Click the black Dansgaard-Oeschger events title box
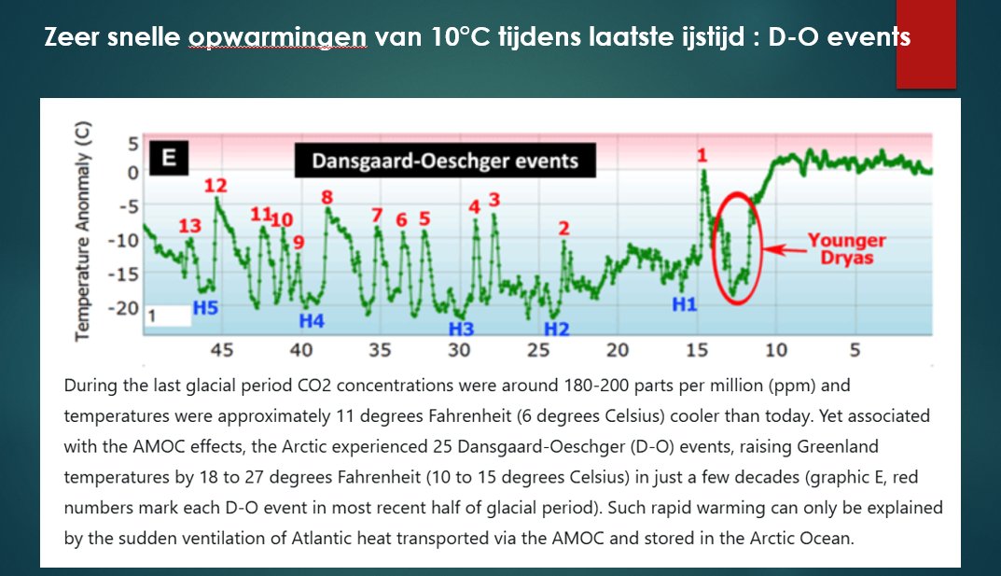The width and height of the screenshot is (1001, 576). [445, 162]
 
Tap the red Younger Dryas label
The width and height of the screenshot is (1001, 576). [846, 248]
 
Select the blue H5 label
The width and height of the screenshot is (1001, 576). [205, 307]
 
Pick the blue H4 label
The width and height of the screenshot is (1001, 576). [312, 321]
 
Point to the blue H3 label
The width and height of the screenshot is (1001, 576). [461, 329]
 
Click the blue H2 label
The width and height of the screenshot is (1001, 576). [556, 329]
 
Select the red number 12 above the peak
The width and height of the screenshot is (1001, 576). [215, 184]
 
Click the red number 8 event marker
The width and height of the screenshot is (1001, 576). [327, 197]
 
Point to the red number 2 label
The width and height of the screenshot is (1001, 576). [563, 228]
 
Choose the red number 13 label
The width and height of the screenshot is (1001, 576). [189, 225]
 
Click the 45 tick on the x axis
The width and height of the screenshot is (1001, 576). [221, 351]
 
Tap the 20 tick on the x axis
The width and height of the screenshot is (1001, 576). [617, 351]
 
